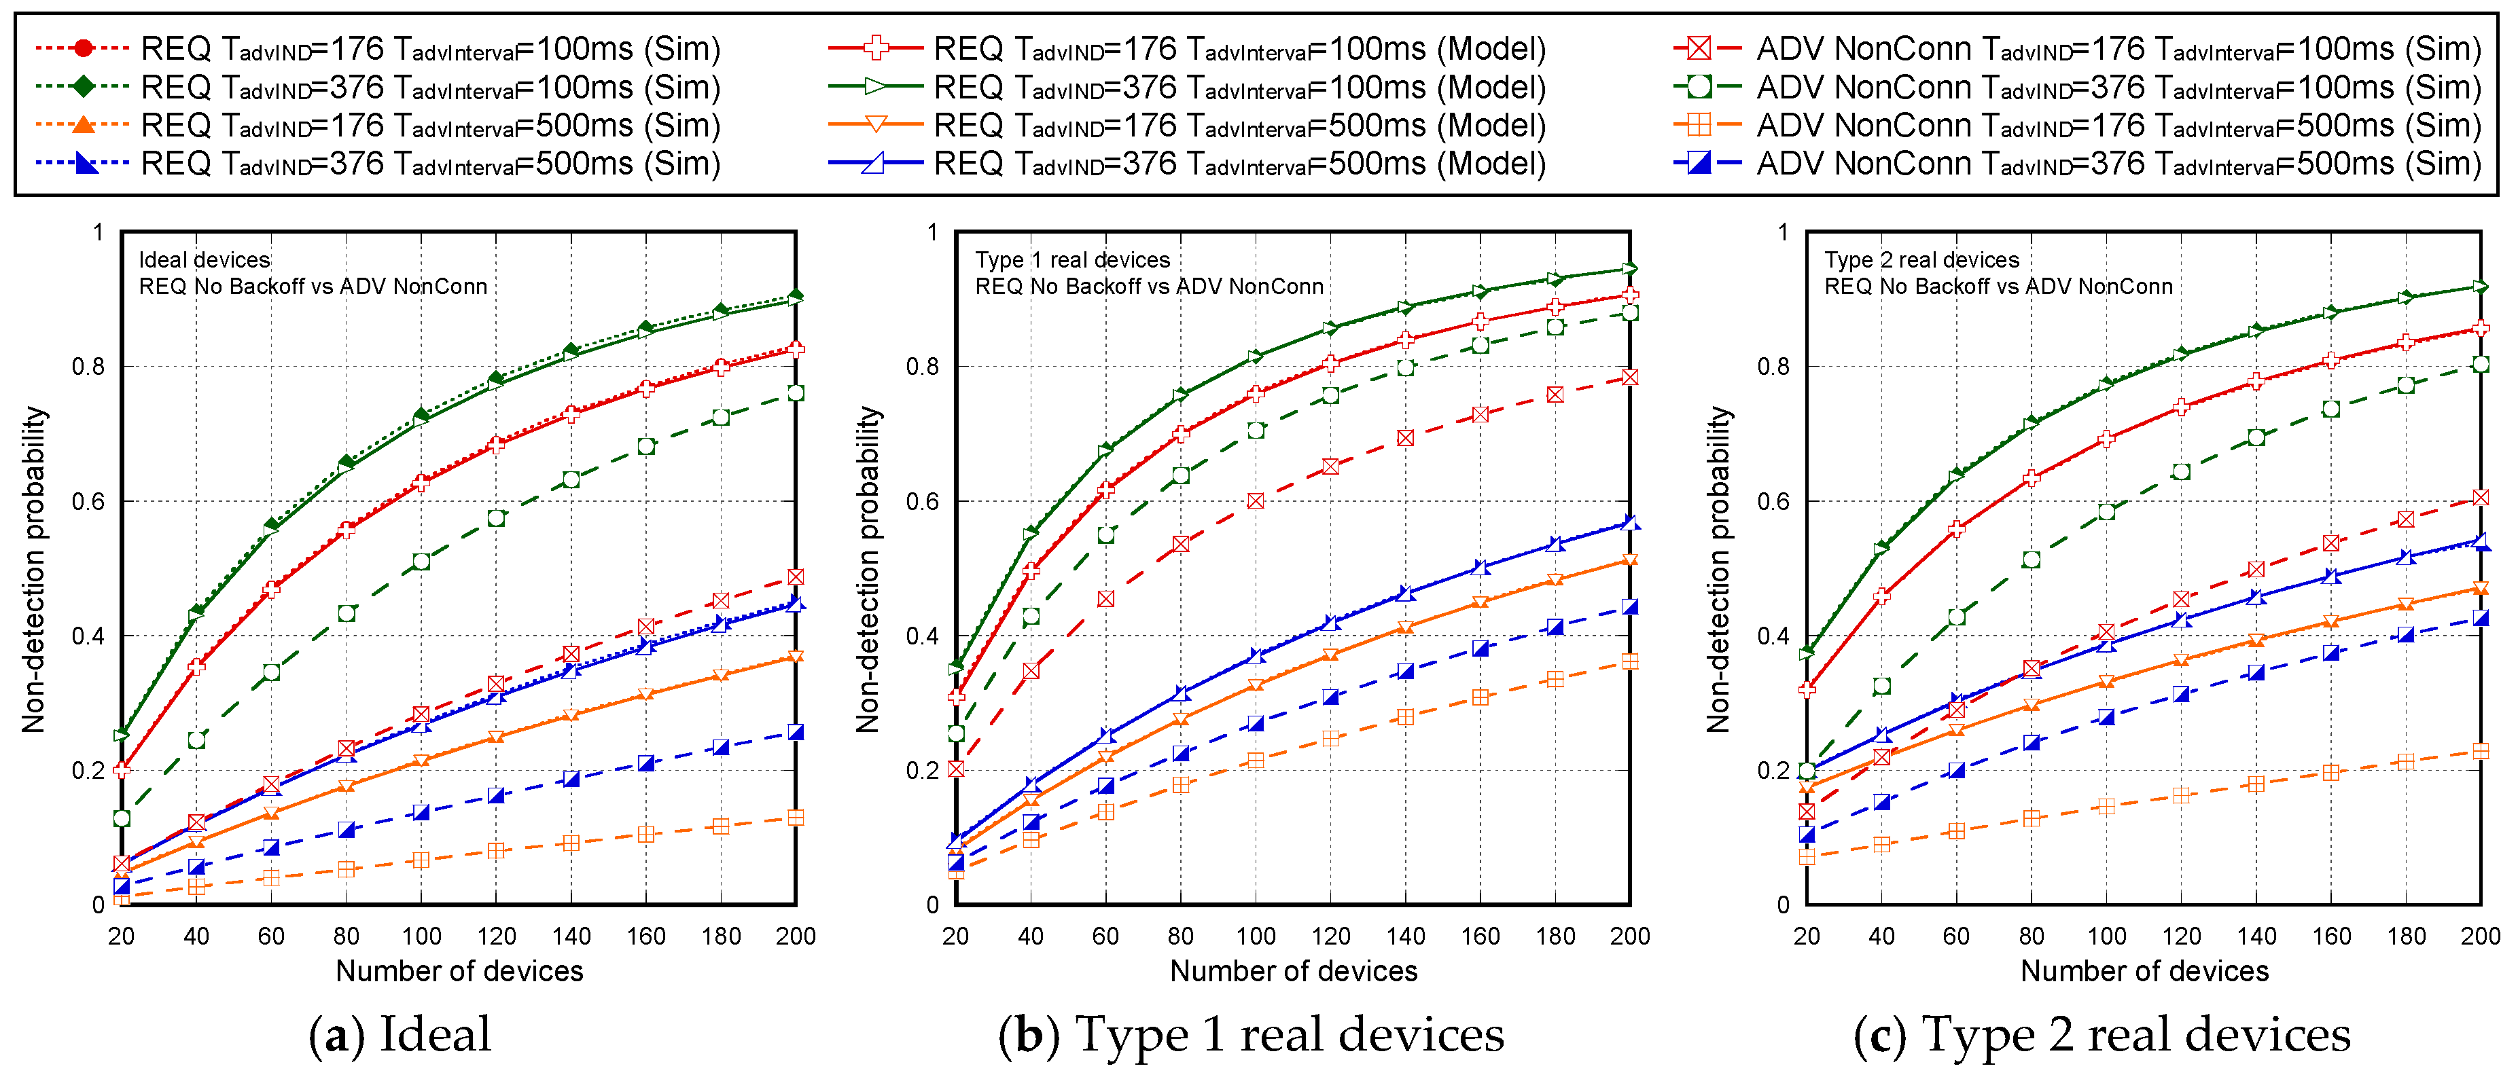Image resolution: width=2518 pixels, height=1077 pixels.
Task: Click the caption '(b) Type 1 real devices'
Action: (1250, 1034)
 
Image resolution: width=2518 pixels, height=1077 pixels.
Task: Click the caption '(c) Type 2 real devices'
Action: (2102, 1034)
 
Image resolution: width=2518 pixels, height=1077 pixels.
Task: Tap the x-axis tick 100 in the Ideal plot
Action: (421, 936)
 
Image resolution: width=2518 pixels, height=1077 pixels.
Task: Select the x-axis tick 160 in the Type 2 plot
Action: (2331, 936)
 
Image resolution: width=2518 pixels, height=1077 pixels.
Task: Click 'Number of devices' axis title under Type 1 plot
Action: (1292, 972)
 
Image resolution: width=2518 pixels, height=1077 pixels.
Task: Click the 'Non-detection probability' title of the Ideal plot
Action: (34, 569)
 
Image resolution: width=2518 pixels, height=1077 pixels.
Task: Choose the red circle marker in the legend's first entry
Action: (83, 48)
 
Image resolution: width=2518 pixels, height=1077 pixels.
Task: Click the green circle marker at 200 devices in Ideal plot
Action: (796, 393)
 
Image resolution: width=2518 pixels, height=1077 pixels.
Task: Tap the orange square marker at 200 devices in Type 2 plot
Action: (2481, 750)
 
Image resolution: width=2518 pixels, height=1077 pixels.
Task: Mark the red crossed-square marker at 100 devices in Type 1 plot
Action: (1255, 501)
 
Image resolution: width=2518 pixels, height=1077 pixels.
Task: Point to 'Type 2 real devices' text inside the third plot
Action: (1921, 260)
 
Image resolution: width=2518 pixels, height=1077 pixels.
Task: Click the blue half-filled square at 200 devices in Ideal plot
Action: (796, 732)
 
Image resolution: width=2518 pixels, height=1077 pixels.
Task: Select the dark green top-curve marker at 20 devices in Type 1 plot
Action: (956, 668)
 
